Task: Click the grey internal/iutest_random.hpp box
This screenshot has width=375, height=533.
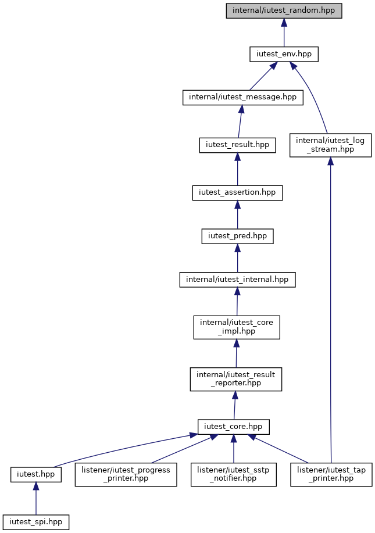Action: coord(284,10)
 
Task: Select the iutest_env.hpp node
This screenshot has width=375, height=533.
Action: coord(284,54)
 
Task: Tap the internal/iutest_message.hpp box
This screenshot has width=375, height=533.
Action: coord(243,97)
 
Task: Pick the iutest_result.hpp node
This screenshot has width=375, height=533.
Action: coord(237,145)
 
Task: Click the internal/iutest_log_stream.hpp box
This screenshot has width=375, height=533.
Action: coord(330,145)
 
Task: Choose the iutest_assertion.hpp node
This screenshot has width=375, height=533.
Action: coord(237,193)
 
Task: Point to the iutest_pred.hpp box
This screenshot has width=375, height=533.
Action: coord(237,236)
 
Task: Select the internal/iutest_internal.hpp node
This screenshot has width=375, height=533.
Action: coord(237,280)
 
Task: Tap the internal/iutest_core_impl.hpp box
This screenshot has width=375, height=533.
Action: coord(237,327)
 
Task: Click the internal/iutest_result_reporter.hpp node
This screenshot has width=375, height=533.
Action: coord(236,379)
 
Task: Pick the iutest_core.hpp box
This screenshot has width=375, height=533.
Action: coord(234,427)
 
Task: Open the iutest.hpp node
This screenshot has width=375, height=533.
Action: coord(35,474)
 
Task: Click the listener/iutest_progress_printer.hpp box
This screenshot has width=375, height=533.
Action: coord(126,474)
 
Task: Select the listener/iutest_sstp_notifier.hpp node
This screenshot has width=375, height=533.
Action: coord(234,474)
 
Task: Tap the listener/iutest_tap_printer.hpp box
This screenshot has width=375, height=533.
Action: coord(331,474)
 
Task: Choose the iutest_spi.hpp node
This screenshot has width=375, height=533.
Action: coord(35,522)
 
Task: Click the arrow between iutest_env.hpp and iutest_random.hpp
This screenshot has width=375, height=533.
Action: coord(284,33)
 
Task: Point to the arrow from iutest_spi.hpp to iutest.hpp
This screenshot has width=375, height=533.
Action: coord(35,498)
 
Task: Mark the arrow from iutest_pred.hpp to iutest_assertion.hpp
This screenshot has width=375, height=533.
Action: coord(237,214)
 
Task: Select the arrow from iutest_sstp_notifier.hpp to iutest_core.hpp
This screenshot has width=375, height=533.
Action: coord(234,448)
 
